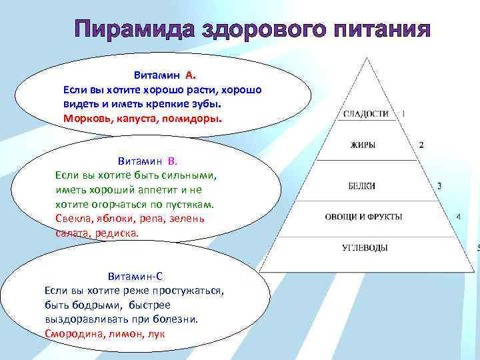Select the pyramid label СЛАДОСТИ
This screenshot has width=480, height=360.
click(366, 114)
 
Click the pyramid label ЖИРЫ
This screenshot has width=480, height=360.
click(363, 145)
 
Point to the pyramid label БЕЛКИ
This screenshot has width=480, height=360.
click(362, 186)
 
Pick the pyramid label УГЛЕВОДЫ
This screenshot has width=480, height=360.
click(365, 248)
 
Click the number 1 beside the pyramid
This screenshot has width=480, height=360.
click(403, 113)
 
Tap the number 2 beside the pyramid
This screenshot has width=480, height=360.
click(421, 145)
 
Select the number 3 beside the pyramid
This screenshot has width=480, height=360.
click(439, 186)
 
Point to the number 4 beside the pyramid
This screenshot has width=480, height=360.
click(458, 217)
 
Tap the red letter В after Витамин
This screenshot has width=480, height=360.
click(171, 161)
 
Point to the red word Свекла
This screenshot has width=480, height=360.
click(73, 219)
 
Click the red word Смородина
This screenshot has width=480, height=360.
click(71, 334)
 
